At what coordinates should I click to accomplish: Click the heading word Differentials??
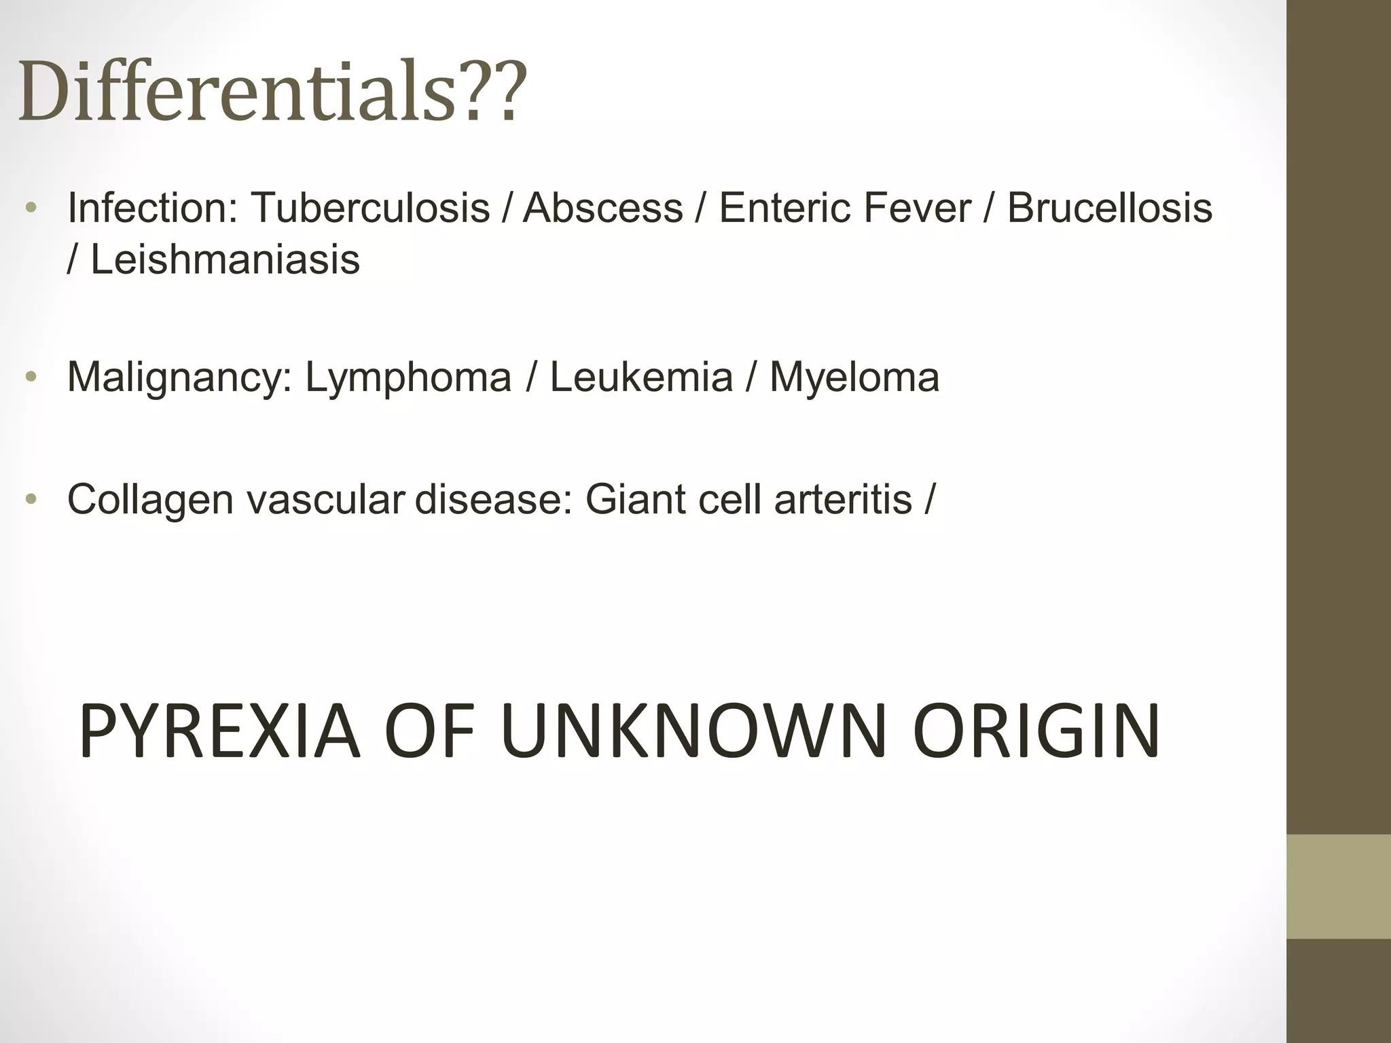pyautogui.click(x=272, y=92)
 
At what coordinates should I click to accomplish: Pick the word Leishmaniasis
pyautogui.click(x=225, y=259)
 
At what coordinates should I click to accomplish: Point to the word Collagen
pyautogui.click(x=150, y=500)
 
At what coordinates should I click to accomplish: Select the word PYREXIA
pyautogui.click(x=219, y=731)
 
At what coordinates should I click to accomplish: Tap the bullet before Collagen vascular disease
pyautogui.click(x=30, y=500)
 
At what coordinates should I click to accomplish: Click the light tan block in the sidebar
pyautogui.click(x=1339, y=886)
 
